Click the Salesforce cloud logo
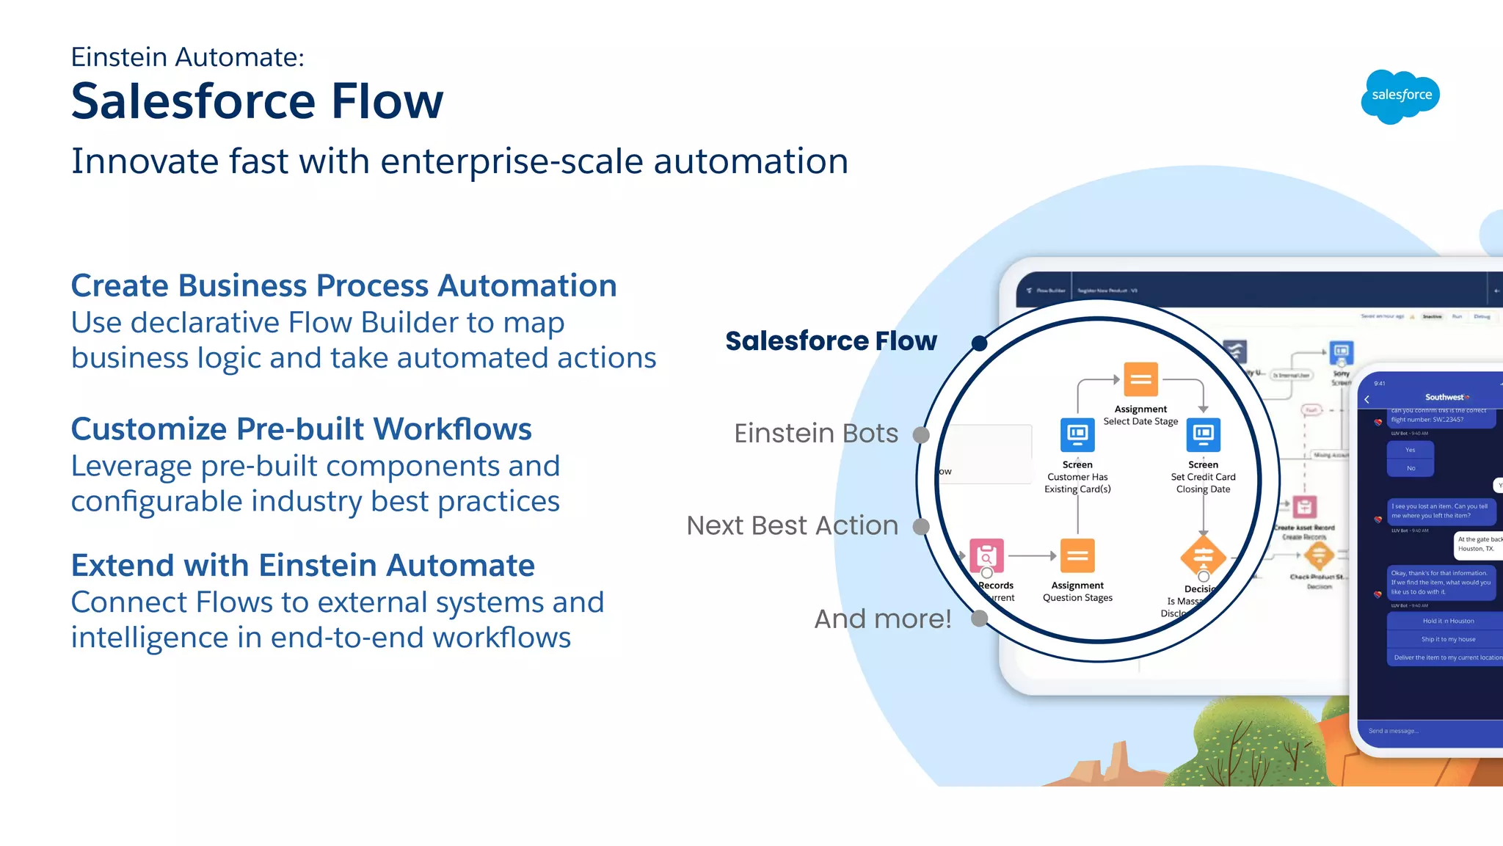pyautogui.click(x=1400, y=96)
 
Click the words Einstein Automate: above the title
pyautogui.click(x=187, y=57)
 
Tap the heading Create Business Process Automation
pyautogui.click(x=343, y=285)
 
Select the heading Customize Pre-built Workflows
pyautogui.click(x=301, y=429)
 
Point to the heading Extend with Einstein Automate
pyautogui.click(x=302, y=566)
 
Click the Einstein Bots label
pyautogui.click(x=815, y=434)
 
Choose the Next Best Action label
pyautogui.click(x=792, y=526)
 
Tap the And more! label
pyautogui.click(x=882, y=619)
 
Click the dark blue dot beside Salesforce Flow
pyautogui.click(x=979, y=343)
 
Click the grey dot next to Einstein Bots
pyautogui.click(x=921, y=435)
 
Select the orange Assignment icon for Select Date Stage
pyautogui.click(x=1140, y=379)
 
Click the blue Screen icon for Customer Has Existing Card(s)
pyautogui.click(x=1077, y=435)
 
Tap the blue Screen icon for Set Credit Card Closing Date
pyautogui.click(x=1203, y=435)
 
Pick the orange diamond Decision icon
pyautogui.click(x=1203, y=556)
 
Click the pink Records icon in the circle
pyautogui.click(x=986, y=556)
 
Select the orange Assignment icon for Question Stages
pyautogui.click(x=1077, y=556)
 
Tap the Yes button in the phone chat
pyautogui.click(x=1410, y=450)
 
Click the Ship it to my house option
pyautogui.click(x=1447, y=639)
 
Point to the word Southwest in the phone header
pyautogui.click(x=1444, y=397)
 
